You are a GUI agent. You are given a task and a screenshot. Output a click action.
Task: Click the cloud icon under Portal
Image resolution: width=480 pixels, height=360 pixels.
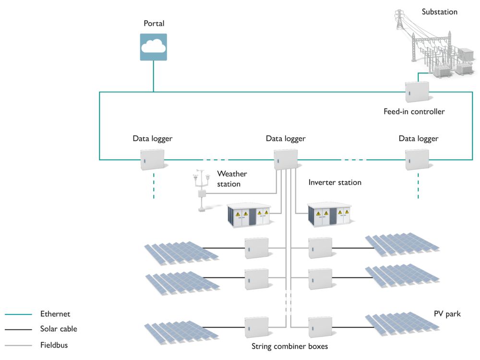pyautogui.click(x=154, y=47)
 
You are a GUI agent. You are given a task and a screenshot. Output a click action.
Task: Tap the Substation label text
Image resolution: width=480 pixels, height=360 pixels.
pyautogui.click(x=439, y=12)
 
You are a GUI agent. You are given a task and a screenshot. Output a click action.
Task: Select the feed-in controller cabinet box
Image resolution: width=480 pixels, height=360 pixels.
pyautogui.click(x=417, y=92)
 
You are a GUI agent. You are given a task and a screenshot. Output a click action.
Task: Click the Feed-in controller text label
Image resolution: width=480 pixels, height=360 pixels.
pyautogui.click(x=414, y=112)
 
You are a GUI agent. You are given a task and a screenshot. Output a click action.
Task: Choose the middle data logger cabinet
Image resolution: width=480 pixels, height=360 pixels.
pyautogui.click(x=286, y=159)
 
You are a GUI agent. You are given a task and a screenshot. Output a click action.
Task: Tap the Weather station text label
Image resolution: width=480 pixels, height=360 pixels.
pyautogui.click(x=232, y=179)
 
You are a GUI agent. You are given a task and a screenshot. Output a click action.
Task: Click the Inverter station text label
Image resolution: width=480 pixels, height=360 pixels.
pyautogui.click(x=335, y=182)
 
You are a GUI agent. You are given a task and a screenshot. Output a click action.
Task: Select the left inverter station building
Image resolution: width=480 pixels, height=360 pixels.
pyautogui.click(x=248, y=215)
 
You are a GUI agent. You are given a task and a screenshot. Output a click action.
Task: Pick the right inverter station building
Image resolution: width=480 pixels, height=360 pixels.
pyautogui.click(x=329, y=215)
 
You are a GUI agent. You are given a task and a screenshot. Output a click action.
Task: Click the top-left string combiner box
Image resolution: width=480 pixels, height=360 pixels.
pyautogui.click(x=256, y=248)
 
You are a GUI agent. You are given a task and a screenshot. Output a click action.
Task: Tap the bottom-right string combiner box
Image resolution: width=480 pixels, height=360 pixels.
pyautogui.click(x=320, y=327)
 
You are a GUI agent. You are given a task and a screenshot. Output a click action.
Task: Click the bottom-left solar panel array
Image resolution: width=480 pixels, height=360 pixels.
pyautogui.click(x=181, y=331)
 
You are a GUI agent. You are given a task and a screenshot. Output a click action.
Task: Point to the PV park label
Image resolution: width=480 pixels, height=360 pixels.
pyautogui.click(x=447, y=314)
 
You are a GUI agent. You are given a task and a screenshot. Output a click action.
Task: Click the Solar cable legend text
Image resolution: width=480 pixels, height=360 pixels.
pyautogui.click(x=59, y=329)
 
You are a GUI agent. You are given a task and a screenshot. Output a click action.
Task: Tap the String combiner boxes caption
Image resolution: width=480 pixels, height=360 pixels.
pyautogui.click(x=289, y=346)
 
